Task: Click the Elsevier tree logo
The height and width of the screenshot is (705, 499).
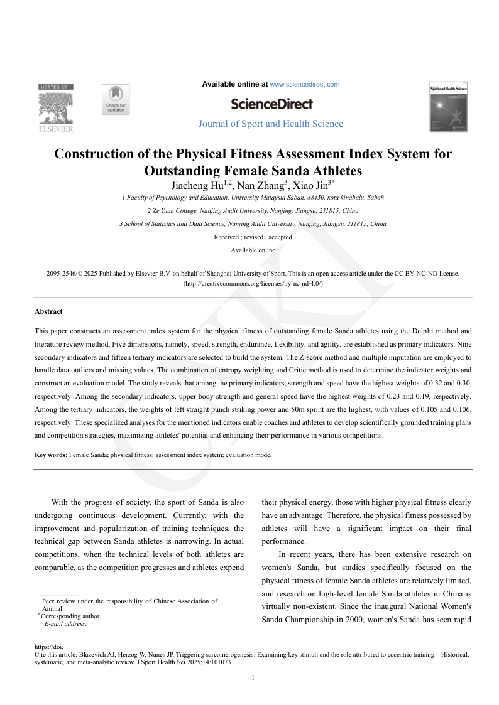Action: point(56,108)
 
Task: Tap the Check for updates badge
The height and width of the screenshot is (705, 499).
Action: point(116,100)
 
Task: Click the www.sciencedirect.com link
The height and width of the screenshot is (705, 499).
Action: point(305,84)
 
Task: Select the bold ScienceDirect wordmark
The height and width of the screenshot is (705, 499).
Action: point(271,104)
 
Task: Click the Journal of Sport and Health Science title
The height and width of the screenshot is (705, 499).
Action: point(271,124)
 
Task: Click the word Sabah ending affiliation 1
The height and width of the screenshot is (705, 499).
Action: point(375,197)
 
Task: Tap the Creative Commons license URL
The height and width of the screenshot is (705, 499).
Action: point(253,284)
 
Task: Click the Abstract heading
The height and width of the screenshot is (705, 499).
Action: point(48,311)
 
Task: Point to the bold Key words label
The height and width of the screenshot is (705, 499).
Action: point(51,455)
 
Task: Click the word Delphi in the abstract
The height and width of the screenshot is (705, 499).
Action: point(399,330)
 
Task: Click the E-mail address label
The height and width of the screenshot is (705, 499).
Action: point(65,624)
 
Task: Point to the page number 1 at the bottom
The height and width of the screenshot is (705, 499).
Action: point(252,677)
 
